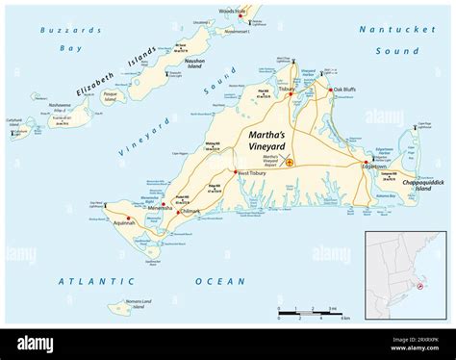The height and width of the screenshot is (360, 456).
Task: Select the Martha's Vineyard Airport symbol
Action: [x=288, y=162]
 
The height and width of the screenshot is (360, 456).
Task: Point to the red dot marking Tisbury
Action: [x=291, y=94]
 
